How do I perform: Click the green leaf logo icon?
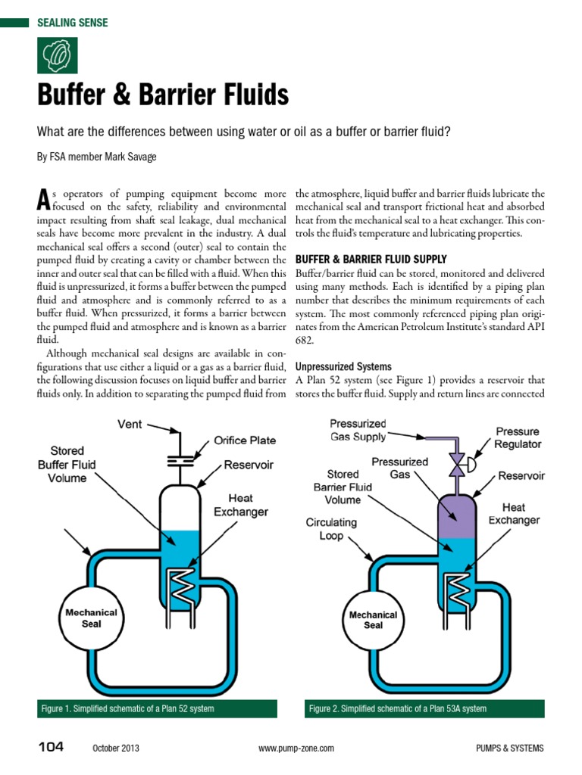57,55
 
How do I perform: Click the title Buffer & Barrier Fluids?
163,96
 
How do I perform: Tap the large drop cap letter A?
44,199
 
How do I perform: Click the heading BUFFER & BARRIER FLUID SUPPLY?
371,259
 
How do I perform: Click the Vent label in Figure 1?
130,424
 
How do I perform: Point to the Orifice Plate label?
245,440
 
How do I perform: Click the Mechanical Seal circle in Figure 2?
373,620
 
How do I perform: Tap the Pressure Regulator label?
518,437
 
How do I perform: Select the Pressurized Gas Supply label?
358,430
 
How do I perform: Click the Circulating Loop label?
331,528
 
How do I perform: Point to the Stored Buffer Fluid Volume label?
67,464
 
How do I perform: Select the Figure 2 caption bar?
424,708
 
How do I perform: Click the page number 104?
52,747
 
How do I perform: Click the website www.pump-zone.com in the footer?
296,749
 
